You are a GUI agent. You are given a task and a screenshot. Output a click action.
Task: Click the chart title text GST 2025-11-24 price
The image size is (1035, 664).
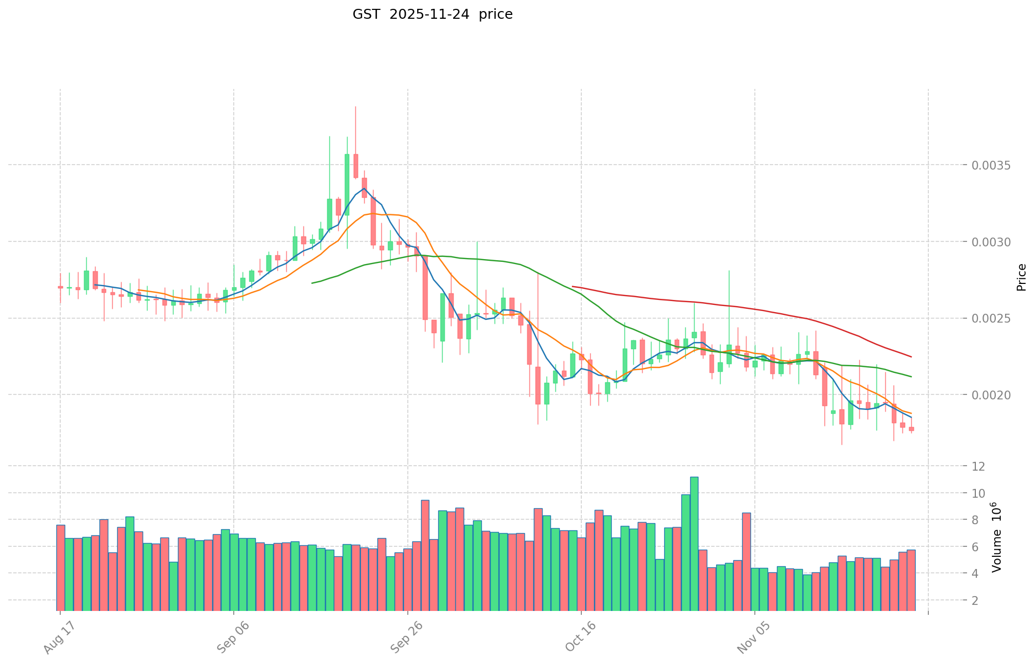tap(432, 14)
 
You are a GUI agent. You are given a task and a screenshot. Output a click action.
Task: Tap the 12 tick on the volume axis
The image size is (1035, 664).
tap(979, 466)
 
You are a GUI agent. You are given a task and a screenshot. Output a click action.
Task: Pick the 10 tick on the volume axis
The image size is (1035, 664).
tap(979, 493)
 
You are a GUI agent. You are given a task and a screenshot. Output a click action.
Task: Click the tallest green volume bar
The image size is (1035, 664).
tap(694, 544)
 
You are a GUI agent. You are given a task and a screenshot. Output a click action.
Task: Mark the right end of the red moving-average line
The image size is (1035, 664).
tap(911, 357)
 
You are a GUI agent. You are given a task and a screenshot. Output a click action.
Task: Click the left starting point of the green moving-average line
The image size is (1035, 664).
tap(312, 283)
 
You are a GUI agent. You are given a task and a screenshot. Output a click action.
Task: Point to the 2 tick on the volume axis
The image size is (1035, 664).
tap(979, 600)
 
